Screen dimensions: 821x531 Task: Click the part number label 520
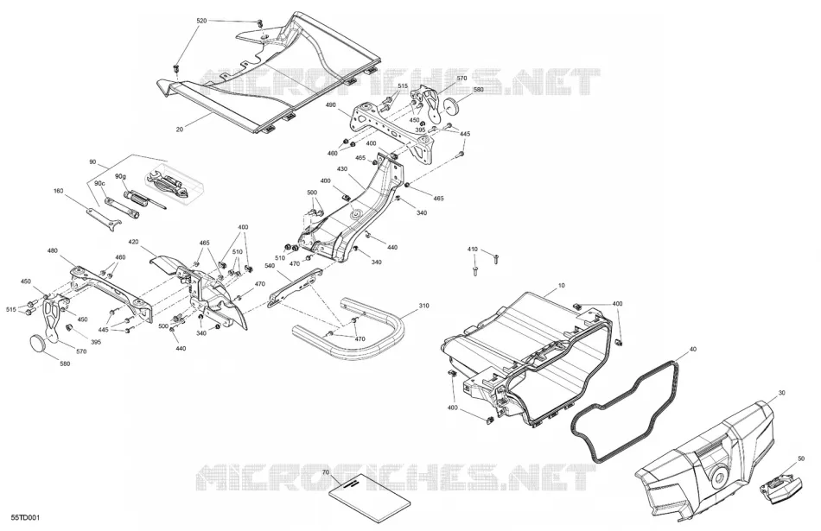point(201,21)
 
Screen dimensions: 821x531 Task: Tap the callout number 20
point(180,130)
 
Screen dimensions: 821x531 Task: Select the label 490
point(331,105)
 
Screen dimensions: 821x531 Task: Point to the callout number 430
point(342,169)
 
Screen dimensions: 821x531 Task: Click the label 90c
point(99,184)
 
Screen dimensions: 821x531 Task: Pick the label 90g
point(120,177)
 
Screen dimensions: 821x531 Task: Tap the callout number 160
point(58,191)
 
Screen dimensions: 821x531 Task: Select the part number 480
point(53,250)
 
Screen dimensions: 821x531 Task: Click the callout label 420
point(133,243)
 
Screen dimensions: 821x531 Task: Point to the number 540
point(270,266)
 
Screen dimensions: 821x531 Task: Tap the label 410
point(472,250)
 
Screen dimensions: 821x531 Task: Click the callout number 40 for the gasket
point(693,349)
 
